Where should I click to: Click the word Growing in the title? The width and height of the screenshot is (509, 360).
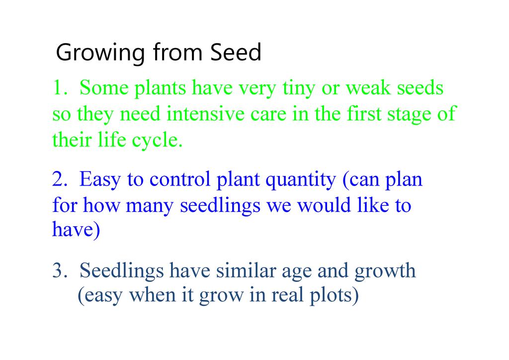(100, 53)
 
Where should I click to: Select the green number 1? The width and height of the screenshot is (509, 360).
(60, 88)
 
